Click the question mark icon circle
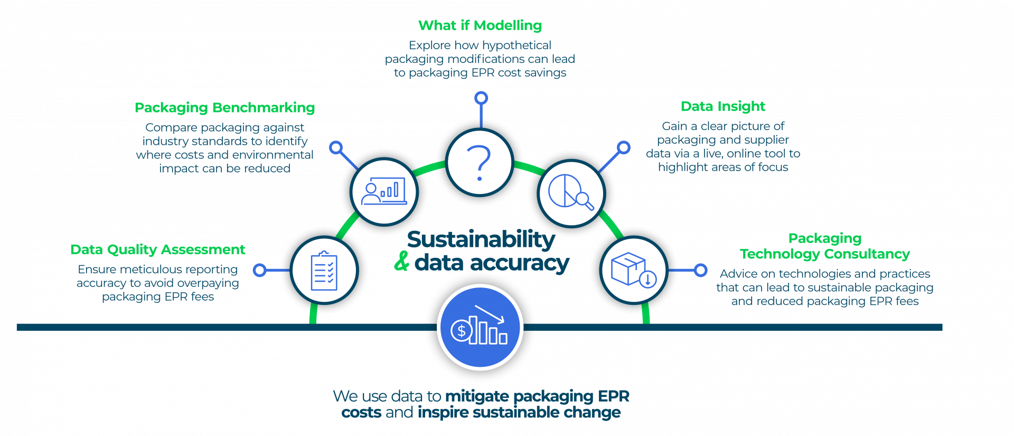tap(480, 162)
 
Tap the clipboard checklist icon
tap(324, 271)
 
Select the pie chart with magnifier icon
tap(571, 193)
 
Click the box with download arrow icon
tap(634, 270)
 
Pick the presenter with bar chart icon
tap(384, 192)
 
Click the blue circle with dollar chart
tap(480, 327)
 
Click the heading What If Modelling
tap(480, 25)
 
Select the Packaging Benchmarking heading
tap(224, 108)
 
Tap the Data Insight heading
tap(722, 107)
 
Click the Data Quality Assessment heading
tap(157, 249)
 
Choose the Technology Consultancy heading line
tap(825, 254)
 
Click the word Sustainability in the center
tap(481, 239)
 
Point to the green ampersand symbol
tap(401, 262)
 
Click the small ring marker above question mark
tap(481, 98)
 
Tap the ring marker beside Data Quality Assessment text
tap(259, 271)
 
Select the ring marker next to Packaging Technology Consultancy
tap(700, 270)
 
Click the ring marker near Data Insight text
tap(624, 147)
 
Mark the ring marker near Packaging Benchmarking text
tap(336, 147)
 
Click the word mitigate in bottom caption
tap(477, 396)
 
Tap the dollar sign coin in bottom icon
tap(462, 331)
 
